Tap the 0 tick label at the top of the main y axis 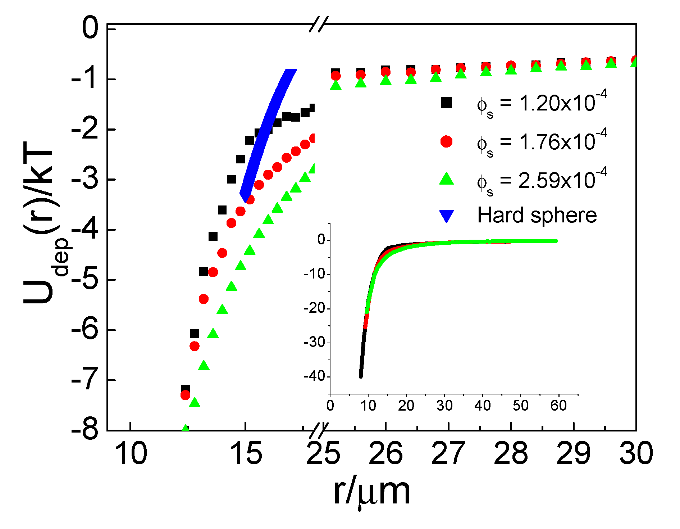click(x=90, y=29)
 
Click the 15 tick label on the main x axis click(x=246, y=453)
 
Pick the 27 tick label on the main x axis click(x=448, y=453)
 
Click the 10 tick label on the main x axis click(x=130, y=453)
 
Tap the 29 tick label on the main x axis click(x=573, y=453)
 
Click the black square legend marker click(x=446, y=103)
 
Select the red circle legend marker click(x=446, y=141)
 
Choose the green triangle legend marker click(x=446, y=179)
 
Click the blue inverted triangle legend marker click(x=446, y=216)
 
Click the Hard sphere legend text click(x=537, y=216)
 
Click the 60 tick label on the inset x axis click(x=558, y=406)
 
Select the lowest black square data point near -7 click(x=185, y=389)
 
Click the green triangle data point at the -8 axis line click(x=185, y=428)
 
